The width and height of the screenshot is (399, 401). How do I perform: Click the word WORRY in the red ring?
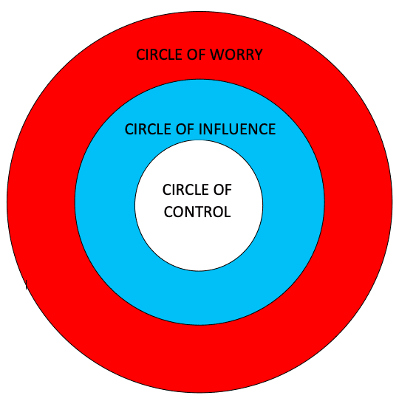click(x=236, y=55)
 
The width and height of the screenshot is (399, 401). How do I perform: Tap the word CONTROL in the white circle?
click(x=197, y=212)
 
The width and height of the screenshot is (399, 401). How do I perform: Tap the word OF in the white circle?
click(x=222, y=190)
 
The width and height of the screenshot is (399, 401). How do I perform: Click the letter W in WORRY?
click(x=216, y=55)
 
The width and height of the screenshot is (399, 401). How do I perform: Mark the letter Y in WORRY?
click(x=258, y=55)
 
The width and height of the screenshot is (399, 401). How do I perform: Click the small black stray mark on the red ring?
click(x=27, y=284)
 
